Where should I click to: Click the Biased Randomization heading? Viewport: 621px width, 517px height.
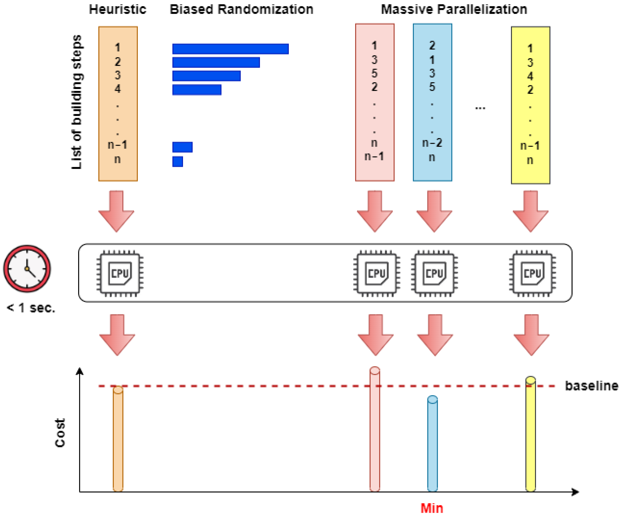pos(241,10)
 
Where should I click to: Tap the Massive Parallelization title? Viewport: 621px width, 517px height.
pos(454,10)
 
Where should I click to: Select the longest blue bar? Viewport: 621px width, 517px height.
pos(230,49)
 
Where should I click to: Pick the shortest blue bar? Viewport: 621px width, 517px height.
pos(178,162)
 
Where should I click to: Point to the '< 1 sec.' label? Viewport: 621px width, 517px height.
pos(31,308)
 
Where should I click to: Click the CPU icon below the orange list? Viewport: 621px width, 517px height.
pos(120,273)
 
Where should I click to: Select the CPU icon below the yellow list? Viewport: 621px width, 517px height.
pos(532,273)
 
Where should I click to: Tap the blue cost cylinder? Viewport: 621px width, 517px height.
pos(432,444)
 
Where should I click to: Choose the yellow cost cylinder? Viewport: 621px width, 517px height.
pos(530,435)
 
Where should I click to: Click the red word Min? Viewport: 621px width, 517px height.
pos(432,508)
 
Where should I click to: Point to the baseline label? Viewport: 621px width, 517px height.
pos(591,386)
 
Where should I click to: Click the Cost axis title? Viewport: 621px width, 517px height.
pos(60,433)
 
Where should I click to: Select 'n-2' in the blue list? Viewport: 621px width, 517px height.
pos(432,143)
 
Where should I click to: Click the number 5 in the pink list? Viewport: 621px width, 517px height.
pos(374,73)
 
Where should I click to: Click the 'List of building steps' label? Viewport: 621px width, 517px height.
pos(77,102)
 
